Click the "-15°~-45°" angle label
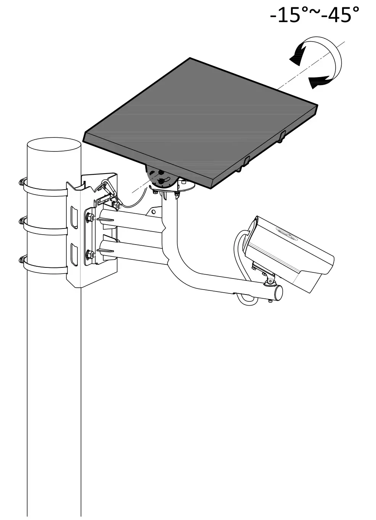point(314,15)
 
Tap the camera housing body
point(290,252)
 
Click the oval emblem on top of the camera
point(285,233)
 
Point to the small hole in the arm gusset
point(153,210)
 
